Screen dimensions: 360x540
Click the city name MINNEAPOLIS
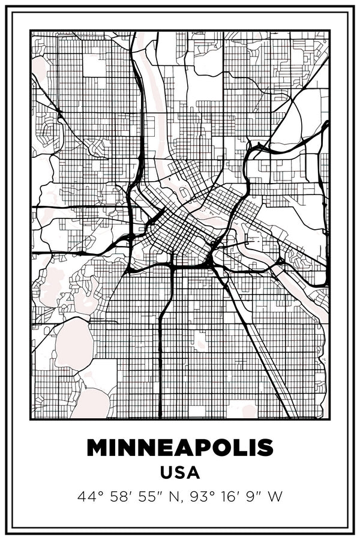pos(180,448)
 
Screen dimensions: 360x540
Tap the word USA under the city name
pos(180,472)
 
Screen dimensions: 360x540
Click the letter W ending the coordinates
pos(275,496)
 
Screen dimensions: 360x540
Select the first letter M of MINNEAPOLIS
pos(98,448)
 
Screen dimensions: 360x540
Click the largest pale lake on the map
pos(73,344)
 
